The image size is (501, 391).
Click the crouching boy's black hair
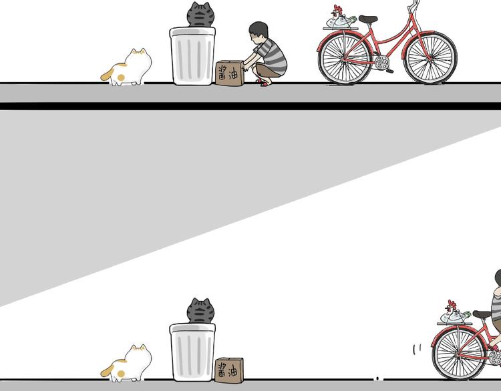click(259, 29)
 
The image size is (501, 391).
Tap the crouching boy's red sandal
click(263, 83)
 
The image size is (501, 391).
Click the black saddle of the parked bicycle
click(368, 19)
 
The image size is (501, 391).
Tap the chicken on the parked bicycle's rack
click(340, 17)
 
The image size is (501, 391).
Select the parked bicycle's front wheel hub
click(430, 58)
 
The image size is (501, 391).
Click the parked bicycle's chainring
click(382, 62)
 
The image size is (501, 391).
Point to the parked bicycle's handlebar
click(415, 4)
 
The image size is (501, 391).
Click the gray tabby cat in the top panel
click(200, 15)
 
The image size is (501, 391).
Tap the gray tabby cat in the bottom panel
click(200, 311)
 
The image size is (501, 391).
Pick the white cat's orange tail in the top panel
click(108, 73)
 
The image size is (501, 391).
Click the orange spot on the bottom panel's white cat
click(121, 374)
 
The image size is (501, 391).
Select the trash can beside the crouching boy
click(192, 56)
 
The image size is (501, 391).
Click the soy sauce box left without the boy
click(229, 370)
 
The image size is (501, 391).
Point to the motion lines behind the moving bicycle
click(417, 349)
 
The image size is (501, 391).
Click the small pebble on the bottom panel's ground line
click(377, 378)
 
